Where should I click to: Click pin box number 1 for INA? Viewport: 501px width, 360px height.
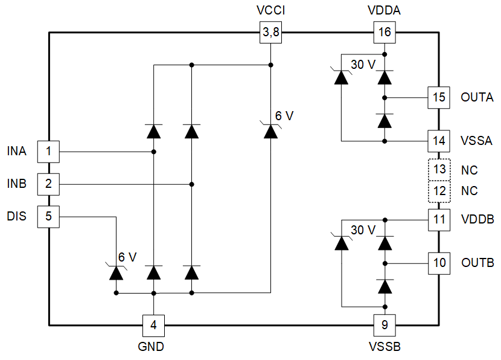click(x=48, y=151)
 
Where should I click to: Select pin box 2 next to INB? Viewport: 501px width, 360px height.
click(x=48, y=183)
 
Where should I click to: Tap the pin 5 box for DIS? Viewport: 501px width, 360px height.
click(x=48, y=216)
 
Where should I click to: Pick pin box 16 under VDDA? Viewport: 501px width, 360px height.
click(x=385, y=32)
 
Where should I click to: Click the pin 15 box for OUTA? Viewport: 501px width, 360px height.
click(x=439, y=97)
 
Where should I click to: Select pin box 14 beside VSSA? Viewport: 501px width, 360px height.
click(x=439, y=141)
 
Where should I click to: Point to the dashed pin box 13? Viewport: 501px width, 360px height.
click(x=439, y=170)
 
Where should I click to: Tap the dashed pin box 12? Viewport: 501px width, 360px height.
click(x=439, y=191)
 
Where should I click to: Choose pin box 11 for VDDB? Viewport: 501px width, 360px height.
click(x=439, y=219)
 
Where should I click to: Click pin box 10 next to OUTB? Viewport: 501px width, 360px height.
click(x=439, y=263)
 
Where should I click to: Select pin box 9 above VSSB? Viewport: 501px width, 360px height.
click(x=385, y=326)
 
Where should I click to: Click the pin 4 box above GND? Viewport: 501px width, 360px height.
click(x=153, y=326)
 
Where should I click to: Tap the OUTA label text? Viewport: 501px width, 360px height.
click(x=476, y=97)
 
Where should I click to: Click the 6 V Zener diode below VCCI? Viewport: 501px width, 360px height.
click(x=270, y=130)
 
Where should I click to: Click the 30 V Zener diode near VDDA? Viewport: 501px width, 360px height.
click(x=342, y=77)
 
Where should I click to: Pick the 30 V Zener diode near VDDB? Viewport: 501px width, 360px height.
click(x=342, y=243)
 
